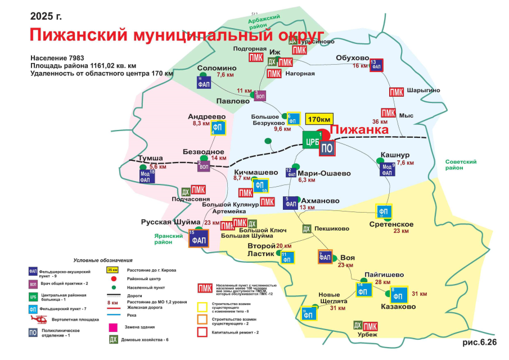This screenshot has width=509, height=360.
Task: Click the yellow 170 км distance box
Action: [x=319, y=119]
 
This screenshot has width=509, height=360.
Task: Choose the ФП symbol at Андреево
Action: [x=219, y=128]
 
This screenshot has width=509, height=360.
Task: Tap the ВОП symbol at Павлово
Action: [x=260, y=96]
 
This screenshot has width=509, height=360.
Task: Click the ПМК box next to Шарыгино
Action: [x=397, y=92]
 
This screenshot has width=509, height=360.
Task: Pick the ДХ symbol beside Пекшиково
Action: [x=307, y=229]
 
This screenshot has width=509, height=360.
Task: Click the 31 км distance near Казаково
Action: [x=419, y=294]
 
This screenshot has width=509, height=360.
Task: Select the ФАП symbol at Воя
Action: [x=326, y=257]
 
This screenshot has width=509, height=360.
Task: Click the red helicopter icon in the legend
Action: [x=36, y=319]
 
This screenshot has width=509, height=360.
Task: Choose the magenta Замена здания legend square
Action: [x=114, y=326]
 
